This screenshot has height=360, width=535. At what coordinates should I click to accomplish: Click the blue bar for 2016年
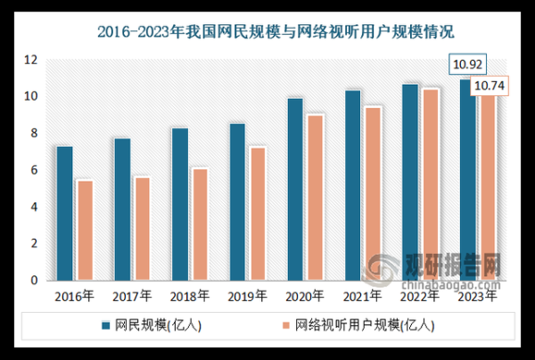64,213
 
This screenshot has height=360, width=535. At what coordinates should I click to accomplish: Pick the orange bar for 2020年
315,197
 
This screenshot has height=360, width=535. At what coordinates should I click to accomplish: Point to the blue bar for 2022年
409,182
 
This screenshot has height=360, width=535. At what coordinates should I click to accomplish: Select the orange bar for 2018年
200,224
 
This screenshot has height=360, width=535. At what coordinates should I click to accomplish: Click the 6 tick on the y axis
34,170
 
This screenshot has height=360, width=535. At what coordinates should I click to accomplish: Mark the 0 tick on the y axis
34,281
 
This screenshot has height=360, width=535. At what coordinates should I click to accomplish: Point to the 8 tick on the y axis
34,134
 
